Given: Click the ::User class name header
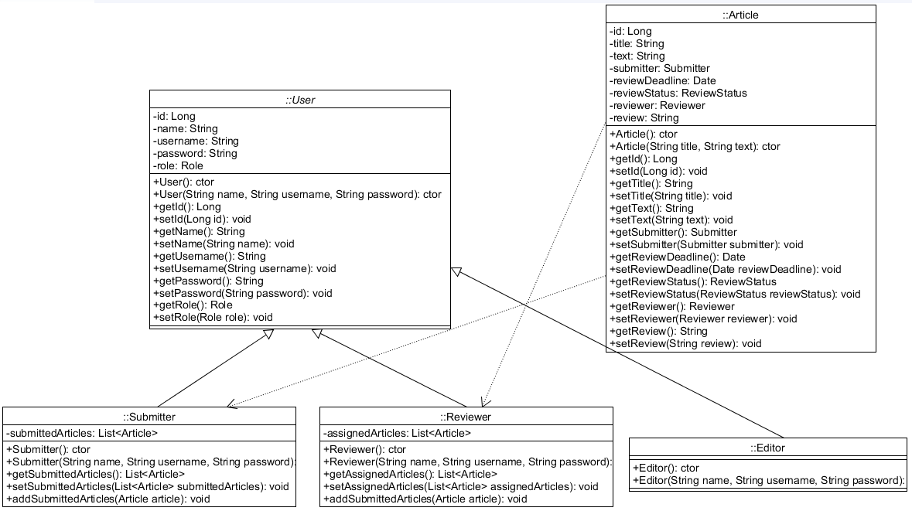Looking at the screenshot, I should (x=299, y=100).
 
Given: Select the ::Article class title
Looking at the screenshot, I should (x=740, y=15).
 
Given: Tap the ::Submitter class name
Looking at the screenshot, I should (x=149, y=417).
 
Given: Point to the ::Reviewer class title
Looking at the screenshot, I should (x=466, y=417).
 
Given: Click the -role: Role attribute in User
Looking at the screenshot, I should (x=179, y=165).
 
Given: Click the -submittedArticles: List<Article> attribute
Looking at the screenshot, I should (x=82, y=433).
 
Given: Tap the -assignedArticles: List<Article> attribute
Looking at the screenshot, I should (x=397, y=433).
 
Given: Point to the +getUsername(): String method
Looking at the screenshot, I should (x=210, y=256).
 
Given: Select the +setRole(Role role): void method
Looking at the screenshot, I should (x=213, y=317).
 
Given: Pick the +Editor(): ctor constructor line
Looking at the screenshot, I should (x=666, y=468).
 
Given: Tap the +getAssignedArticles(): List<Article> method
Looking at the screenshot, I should (x=410, y=474).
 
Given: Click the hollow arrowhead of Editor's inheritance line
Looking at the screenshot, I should (x=456, y=271).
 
